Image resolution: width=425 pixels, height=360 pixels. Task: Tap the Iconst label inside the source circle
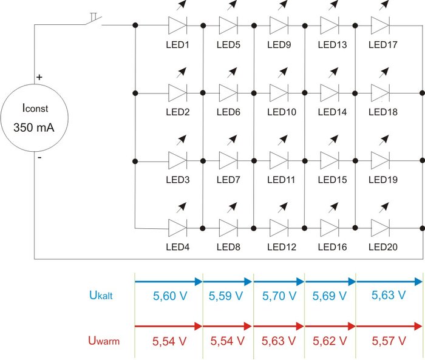click(x=34, y=109)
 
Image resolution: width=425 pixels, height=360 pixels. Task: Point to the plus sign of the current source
click(x=39, y=78)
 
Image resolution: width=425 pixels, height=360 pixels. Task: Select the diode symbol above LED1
click(x=177, y=25)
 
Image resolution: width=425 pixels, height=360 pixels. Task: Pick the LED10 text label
click(x=279, y=112)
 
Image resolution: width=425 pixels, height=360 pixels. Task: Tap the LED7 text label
click(x=228, y=180)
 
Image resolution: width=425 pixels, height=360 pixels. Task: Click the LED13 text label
click(x=330, y=45)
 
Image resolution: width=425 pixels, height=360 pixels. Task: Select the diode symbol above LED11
click(x=279, y=161)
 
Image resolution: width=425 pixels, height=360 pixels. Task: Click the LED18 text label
click(x=381, y=112)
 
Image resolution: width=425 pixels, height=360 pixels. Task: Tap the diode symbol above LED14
click(x=330, y=93)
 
